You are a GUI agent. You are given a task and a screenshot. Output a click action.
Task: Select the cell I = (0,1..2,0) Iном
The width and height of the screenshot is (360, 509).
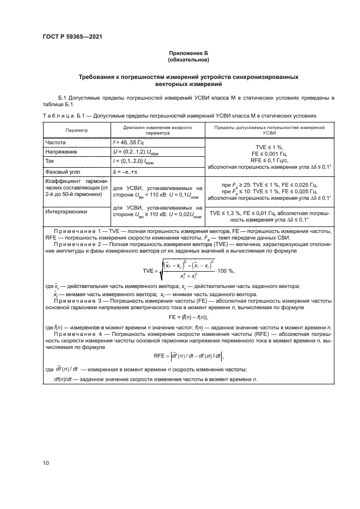tap(135, 161)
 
